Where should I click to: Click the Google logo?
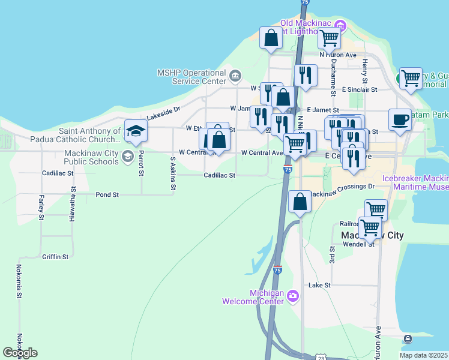tap(20, 353)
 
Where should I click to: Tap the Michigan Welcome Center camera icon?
tap(292, 295)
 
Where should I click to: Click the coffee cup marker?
tap(400, 119)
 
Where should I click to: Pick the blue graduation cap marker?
tap(136, 131)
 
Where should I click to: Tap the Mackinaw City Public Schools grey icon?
tap(127, 157)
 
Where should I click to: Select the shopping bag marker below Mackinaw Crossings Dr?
tap(300, 202)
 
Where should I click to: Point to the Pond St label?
tap(107, 194)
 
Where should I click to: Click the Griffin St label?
tap(55, 256)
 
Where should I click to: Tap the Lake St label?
tap(319, 285)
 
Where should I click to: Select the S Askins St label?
tap(173, 174)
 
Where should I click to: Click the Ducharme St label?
tap(333, 79)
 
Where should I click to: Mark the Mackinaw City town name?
tap(372, 235)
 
